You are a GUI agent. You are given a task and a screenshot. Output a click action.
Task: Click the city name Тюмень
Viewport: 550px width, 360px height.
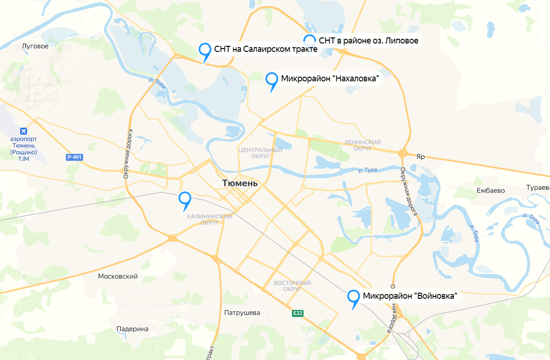[240, 183]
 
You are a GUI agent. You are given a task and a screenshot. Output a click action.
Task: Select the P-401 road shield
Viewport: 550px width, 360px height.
[74, 158]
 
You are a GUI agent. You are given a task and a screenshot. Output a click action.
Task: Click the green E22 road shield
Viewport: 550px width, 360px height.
[298, 313]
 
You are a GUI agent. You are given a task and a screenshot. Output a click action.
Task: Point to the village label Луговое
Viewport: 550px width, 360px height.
[36, 46]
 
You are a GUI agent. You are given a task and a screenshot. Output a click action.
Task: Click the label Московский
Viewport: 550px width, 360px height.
[118, 276]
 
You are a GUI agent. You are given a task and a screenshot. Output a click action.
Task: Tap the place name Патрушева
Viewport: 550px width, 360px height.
[242, 313]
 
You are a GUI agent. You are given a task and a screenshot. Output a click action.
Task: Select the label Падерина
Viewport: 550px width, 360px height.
[132, 329]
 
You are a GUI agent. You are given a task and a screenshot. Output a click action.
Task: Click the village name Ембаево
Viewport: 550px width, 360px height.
[491, 191]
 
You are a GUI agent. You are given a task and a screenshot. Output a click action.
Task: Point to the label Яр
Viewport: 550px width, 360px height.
[421, 157]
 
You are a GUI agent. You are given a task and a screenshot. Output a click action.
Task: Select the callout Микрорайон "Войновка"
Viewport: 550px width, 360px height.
[409, 296]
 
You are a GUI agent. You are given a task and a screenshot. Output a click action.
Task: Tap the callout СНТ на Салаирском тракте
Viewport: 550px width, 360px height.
[266, 49]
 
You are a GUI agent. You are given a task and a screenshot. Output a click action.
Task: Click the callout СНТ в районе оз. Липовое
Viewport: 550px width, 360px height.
[368, 41]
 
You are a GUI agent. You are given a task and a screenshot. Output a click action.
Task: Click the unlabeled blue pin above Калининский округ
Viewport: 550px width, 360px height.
[186, 199]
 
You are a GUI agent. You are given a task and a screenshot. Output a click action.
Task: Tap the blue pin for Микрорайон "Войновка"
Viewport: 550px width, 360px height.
[353, 296]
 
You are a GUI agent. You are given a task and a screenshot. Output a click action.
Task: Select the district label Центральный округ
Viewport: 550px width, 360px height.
[260, 153]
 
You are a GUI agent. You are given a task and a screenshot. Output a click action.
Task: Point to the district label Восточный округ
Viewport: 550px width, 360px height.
[292, 286]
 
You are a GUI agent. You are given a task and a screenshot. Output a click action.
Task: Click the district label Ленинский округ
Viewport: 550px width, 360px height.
[362, 145]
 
